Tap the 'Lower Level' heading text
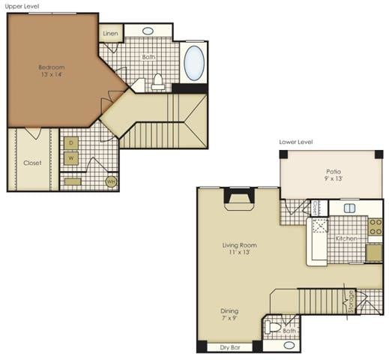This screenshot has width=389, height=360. pos(296,142)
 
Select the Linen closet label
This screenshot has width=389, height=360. pos(110,34)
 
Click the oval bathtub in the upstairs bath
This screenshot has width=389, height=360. pos(194,64)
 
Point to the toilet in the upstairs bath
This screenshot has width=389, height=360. pos(158,81)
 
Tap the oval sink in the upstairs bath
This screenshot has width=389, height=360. pos(148,31)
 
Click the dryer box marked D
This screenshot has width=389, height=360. pos(72,142)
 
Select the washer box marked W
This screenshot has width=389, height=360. pos(72,157)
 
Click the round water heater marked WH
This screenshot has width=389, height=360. pos(110,181)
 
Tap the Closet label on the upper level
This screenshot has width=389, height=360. pos(32,163)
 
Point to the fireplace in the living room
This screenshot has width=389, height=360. pos(241,198)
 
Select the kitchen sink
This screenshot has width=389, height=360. pos(349,208)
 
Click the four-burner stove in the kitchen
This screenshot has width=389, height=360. pos(374,227)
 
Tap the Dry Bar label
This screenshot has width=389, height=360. pos(229,347)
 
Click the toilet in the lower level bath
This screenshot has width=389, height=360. pos(274,328)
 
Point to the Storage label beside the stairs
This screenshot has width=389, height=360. pos(349,299)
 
